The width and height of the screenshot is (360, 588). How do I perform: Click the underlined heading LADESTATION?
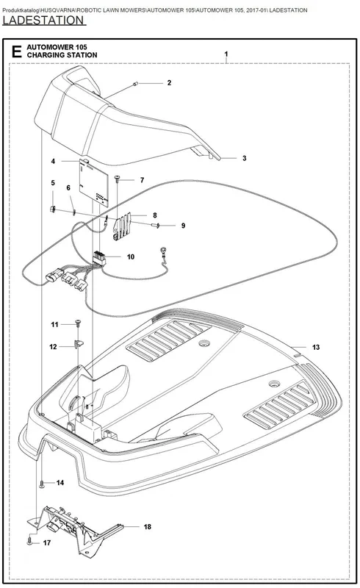point(44,21)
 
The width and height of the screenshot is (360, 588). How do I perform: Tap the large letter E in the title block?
point(16,51)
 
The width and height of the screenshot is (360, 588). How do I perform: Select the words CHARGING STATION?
point(62,55)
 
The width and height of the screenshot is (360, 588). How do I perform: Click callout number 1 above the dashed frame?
point(226,54)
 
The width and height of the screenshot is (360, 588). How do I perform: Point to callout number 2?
point(169,82)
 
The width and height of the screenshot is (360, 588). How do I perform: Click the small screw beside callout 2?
point(136,84)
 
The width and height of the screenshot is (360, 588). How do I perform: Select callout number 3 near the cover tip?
point(244,158)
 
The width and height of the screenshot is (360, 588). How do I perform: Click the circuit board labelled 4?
point(94,182)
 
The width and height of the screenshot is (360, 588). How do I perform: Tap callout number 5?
point(53,182)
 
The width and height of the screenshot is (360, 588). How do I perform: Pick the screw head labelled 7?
point(118,177)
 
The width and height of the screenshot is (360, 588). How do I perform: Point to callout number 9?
point(183,226)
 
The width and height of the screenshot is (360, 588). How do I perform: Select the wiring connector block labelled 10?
point(99,258)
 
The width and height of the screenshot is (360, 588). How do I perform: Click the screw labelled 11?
point(79,322)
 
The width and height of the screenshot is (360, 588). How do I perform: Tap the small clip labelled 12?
point(79,344)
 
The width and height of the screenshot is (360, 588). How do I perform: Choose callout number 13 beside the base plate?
point(316,347)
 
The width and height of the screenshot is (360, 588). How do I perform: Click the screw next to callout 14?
point(42,484)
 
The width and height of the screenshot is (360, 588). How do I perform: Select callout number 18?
point(148,527)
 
